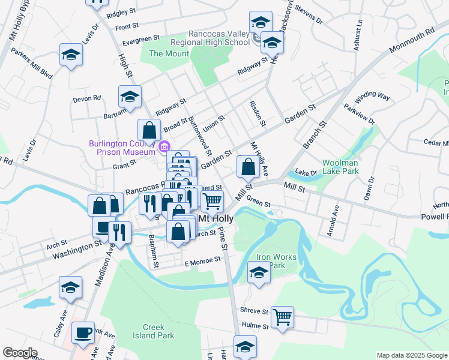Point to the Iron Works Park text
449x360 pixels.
[x=276, y=261]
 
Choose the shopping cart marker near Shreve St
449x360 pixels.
[x=282, y=316]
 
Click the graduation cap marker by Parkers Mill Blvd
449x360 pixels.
[x=71, y=56]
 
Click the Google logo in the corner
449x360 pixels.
[x=20, y=353]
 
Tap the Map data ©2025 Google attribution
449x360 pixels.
[x=412, y=355]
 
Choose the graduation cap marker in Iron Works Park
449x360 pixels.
[x=259, y=272]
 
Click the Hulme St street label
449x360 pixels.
[x=253, y=325]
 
